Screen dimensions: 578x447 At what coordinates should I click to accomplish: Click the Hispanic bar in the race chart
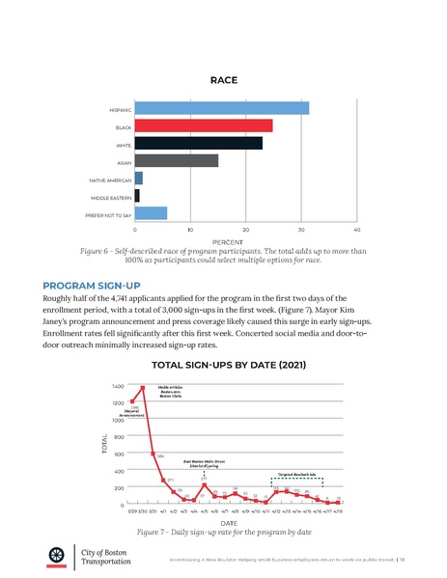(x=222, y=108)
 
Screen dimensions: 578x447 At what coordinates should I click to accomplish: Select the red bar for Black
(x=204, y=125)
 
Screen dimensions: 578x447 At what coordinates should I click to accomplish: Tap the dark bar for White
(x=199, y=143)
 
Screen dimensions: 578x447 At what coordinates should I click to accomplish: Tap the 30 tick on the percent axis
(x=302, y=230)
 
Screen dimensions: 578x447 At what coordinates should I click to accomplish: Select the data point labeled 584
(x=153, y=454)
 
